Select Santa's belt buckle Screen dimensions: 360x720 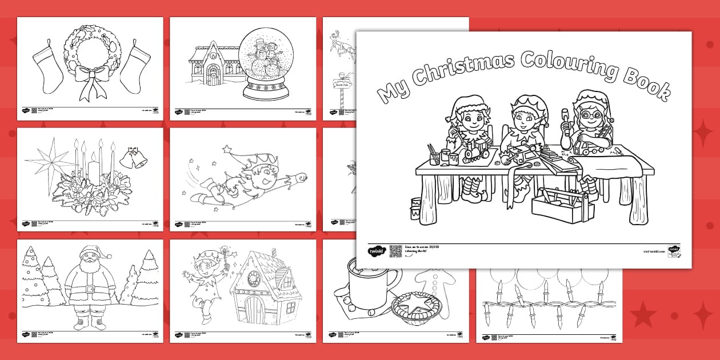[90, 289]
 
